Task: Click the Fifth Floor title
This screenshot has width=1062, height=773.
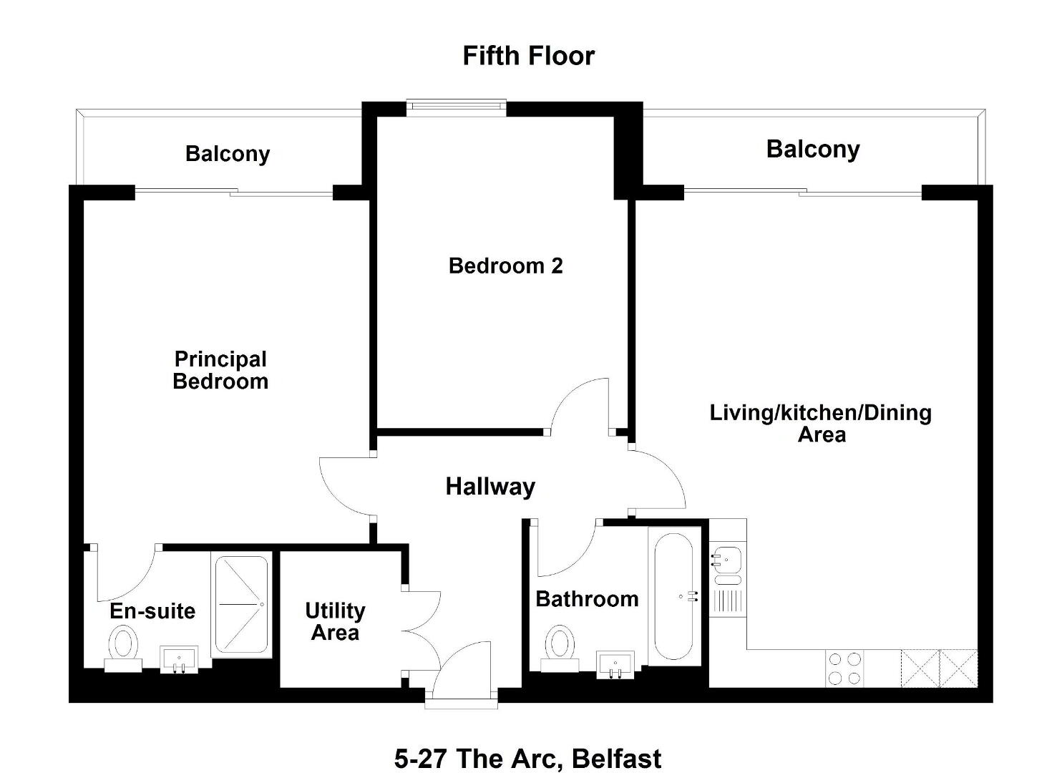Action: pyautogui.click(x=528, y=56)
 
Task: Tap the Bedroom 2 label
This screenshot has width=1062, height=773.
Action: pyautogui.click(x=505, y=266)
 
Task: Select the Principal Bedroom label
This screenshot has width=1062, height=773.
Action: pyautogui.click(x=220, y=370)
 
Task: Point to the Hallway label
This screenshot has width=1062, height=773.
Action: pyautogui.click(x=490, y=487)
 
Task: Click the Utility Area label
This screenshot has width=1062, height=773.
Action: pyautogui.click(x=335, y=621)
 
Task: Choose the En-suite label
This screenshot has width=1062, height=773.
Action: pyautogui.click(x=152, y=611)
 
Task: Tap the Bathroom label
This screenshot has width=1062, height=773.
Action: pyautogui.click(x=587, y=599)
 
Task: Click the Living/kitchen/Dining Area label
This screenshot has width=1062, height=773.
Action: pyautogui.click(x=821, y=424)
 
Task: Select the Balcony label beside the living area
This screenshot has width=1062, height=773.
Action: pyautogui.click(x=813, y=150)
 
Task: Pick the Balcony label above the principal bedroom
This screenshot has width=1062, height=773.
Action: pyautogui.click(x=228, y=154)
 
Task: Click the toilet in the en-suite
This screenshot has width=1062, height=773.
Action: pyautogui.click(x=123, y=648)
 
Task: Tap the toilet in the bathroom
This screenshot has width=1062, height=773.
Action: pyautogui.click(x=560, y=648)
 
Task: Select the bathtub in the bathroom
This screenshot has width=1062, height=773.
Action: pyautogui.click(x=673, y=597)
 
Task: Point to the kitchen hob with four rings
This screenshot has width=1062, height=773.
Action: pyautogui.click(x=844, y=669)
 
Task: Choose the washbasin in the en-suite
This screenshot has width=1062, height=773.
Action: pyautogui.click(x=179, y=659)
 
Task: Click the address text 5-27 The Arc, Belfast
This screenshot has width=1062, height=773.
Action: pyautogui.click(x=527, y=759)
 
